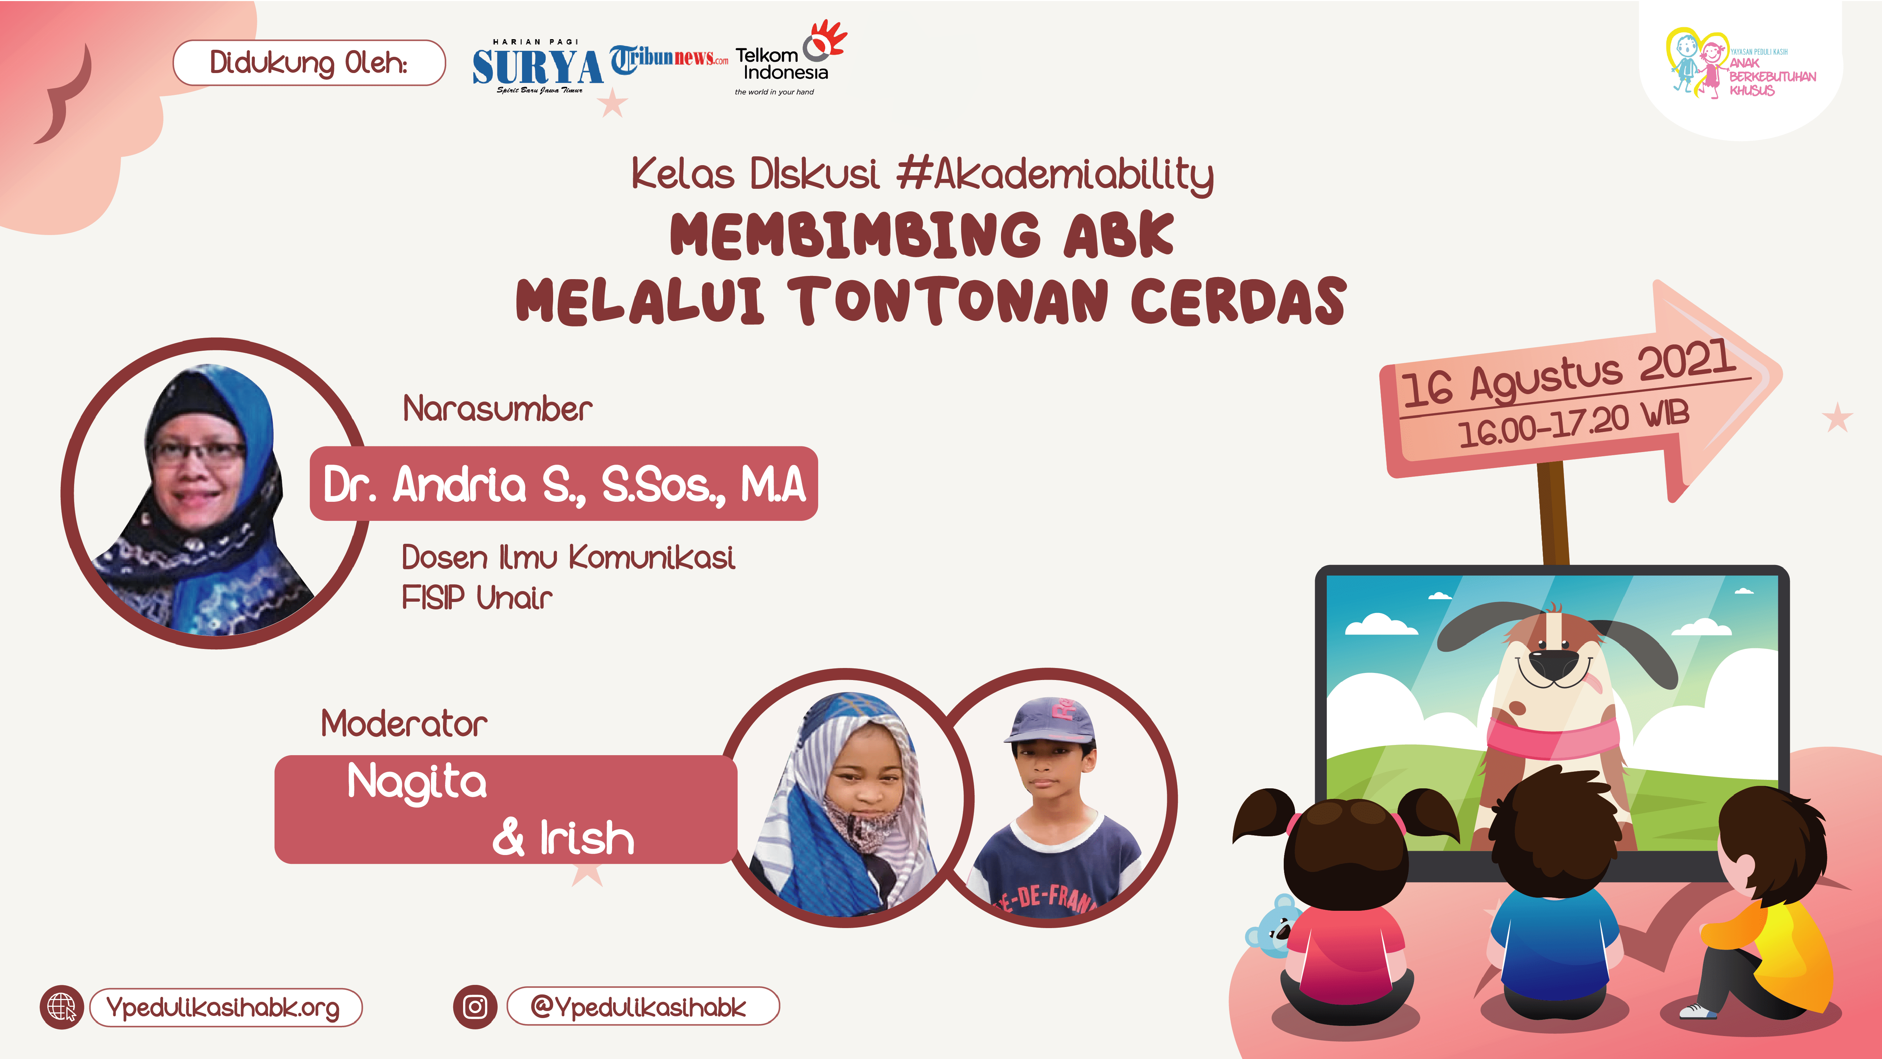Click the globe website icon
(x=62, y=1007)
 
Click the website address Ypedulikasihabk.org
(x=223, y=1008)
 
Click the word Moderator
(x=404, y=724)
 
